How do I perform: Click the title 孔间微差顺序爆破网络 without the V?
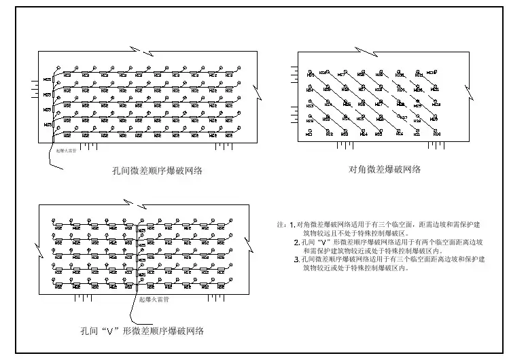156,171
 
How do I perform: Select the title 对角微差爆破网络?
384,169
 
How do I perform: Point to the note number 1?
292,224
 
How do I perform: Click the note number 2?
296,242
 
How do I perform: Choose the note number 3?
296,259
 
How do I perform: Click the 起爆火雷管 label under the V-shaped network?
154,299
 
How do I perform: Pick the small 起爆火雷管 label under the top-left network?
67,152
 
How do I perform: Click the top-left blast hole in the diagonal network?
309,71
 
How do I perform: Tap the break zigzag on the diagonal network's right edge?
466,90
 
